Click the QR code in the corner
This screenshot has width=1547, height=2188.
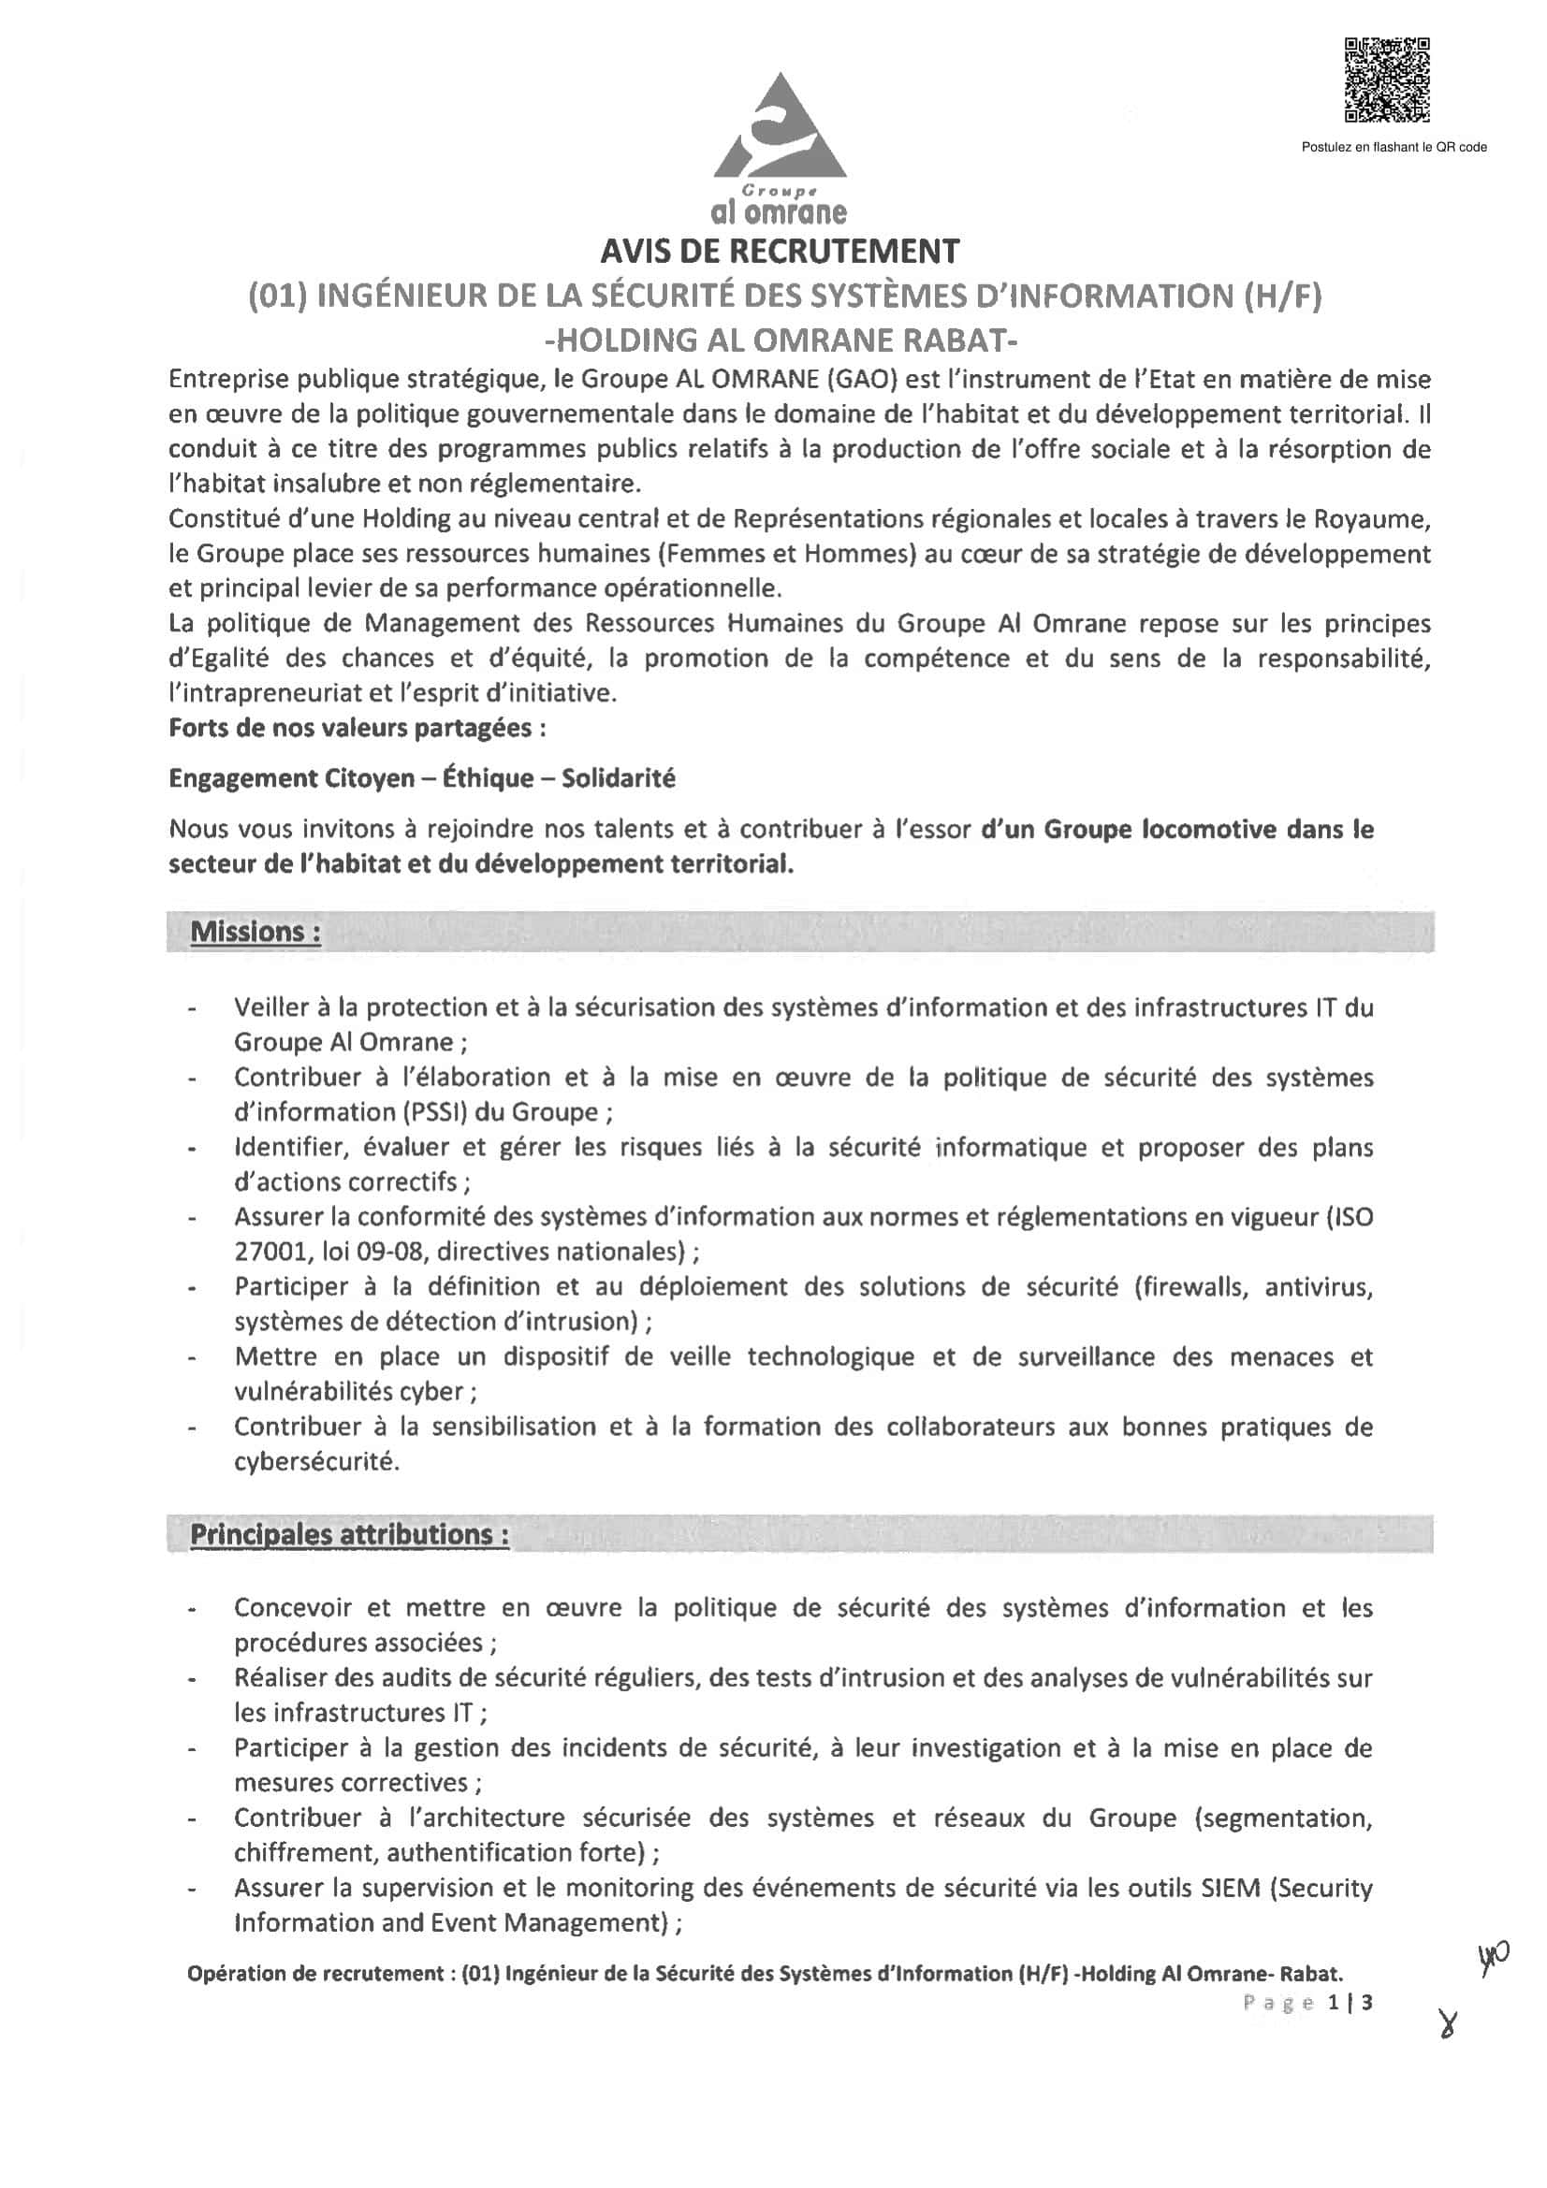(1386, 80)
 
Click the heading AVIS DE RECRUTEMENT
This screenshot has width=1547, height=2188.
(780, 251)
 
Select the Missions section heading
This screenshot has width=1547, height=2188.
(255, 931)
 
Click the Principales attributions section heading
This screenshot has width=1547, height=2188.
(349, 1534)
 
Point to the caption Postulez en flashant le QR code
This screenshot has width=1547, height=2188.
(1394, 147)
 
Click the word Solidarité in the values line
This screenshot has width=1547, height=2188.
(618, 778)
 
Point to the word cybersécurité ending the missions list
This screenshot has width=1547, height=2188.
(316, 1461)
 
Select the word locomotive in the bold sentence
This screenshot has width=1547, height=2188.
(1208, 829)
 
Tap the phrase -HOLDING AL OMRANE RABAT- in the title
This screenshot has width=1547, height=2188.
(780, 340)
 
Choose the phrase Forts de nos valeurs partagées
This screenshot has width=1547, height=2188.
(357, 728)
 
